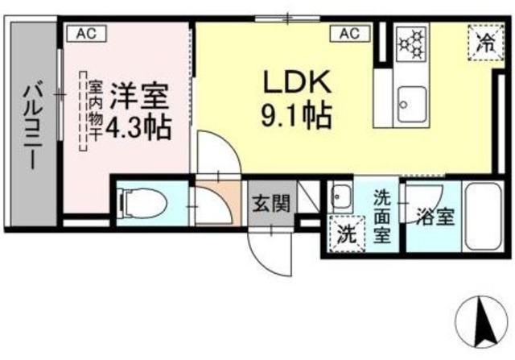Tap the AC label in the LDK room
pyautogui.click(x=349, y=33)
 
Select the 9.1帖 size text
pyautogui.click(x=295, y=118)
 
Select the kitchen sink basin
pyautogui.click(x=413, y=103)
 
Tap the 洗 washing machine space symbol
pyautogui.click(x=346, y=236)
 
